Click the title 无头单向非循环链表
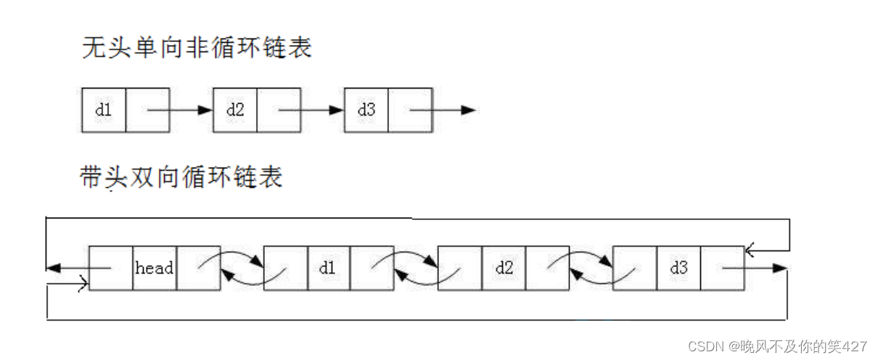[x=197, y=49]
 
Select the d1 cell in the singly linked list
[x=104, y=110]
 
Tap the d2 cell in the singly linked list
[x=235, y=110]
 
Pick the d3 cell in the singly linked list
[x=366, y=110]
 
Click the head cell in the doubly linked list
[x=155, y=268]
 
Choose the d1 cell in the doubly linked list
[x=329, y=268]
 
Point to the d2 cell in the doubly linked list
[x=504, y=268]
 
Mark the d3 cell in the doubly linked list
[x=679, y=268]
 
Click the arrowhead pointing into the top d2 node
[x=206, y=110]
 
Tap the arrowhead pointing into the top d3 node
[x=337, y=110]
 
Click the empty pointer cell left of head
[x=111, y=268]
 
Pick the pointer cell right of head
[x=198, y=268]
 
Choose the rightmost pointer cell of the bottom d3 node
[x=723, y=268]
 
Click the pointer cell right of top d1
[x=148, y=110]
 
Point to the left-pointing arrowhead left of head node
[x=52, y=268]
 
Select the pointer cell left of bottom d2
[x=461, y=268]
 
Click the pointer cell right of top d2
[x=279, y=110]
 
